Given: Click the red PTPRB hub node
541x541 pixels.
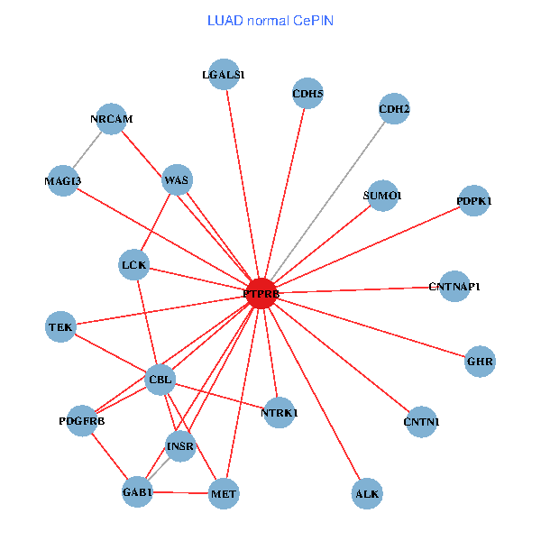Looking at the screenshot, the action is coord(261,293).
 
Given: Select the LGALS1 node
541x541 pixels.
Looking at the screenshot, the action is coord(223,75).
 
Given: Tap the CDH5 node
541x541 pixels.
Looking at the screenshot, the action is coord(308,93).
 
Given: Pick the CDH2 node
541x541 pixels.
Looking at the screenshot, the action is coord(394,110).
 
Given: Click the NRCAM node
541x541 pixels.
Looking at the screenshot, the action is coord(111,119).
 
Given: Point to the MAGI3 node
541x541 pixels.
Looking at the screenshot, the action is coord(63,181).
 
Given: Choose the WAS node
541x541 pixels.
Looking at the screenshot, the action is coord(177,180).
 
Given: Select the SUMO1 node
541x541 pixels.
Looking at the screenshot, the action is coord(382,196).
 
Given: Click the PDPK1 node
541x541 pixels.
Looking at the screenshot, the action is coord(473,201).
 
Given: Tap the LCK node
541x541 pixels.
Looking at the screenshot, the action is coord(134,264).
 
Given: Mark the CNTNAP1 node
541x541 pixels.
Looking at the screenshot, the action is coord(454,287).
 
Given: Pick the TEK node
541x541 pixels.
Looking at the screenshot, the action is coord(60,326).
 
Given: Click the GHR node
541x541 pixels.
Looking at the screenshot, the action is coord(480,362).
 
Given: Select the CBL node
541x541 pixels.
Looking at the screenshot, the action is coord(160,379).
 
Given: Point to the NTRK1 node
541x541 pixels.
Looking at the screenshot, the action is coord(279,412).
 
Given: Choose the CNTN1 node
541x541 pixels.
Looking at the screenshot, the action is coord(421,421).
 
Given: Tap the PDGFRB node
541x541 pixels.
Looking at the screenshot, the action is coord(82,420).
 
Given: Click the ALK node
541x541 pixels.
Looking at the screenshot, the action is coord(367,493).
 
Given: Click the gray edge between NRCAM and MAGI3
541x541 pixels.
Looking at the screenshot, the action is coord(87,150).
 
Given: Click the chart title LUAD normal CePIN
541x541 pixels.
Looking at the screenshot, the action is coord(270,20).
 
